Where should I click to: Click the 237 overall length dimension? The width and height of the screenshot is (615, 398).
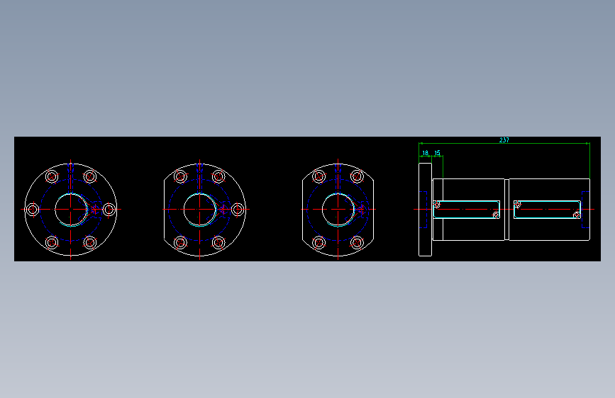pos(504,140)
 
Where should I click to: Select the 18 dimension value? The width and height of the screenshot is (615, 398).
pos(425,152)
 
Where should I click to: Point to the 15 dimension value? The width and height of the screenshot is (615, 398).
pos(437,152)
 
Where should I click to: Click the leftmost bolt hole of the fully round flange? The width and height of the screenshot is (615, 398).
pos(32,210)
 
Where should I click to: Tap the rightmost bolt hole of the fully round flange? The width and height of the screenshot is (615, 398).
pos(109,210)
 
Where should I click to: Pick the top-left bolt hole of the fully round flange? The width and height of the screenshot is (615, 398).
pos(52,176)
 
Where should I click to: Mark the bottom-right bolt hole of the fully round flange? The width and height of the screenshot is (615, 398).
pos(89,243)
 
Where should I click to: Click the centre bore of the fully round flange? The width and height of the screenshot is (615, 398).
pos(70,210)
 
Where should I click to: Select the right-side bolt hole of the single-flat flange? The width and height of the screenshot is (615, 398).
pos(238,210)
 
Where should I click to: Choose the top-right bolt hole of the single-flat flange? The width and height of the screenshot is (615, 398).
pos(218,176)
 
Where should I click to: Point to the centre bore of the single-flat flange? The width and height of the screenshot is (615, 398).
pos(199,210)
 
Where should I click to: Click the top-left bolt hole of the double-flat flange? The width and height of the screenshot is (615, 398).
pos(319,176)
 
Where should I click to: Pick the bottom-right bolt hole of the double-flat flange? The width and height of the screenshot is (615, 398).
pos(357,243)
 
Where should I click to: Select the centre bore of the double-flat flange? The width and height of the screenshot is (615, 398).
pos(338,210)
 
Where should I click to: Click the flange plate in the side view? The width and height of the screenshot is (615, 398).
pos(425,210)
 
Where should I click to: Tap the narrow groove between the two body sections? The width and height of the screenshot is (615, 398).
pos(506,210)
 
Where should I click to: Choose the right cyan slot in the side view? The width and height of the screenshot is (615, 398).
pos(546,210)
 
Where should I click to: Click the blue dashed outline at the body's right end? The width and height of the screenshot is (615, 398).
pos(585,210)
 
